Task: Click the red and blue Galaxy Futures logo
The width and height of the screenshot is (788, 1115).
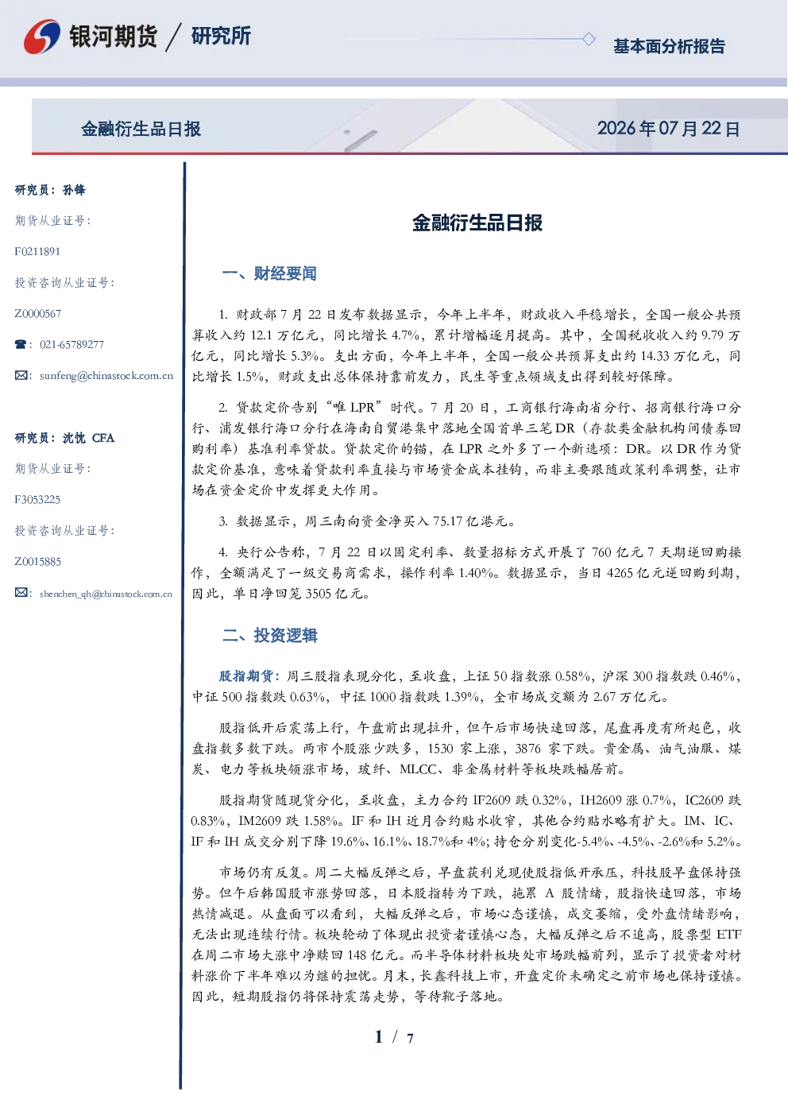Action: click(x=42, y=37)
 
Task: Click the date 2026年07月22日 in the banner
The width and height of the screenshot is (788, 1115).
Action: click(x=668, y=129)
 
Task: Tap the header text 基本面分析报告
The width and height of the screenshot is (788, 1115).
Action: click(x=669, y=46)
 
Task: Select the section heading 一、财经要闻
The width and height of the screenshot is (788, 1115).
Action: click(x=269, y=273)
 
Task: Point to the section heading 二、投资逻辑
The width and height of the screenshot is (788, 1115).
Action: click(x=269, y=635)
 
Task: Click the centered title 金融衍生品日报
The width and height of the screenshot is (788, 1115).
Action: click(x=477, y=223)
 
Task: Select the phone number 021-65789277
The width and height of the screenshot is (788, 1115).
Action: click(x=71, y=344)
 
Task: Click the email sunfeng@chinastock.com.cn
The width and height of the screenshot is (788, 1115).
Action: click(x=106, y=376)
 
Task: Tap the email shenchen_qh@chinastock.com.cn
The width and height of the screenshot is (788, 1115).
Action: click(x=106, y=594)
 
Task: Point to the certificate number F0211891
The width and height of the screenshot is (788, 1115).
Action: click(x=37, y=251)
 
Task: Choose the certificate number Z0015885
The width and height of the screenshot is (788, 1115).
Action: click(x=38, y=562)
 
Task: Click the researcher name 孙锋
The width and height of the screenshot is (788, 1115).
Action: click(x=74, y=190)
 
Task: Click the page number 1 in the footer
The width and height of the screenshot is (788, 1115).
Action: click(x=379, y=1037)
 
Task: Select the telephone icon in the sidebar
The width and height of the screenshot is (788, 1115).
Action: click(x=21, y=344)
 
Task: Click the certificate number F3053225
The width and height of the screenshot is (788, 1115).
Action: click(x=37, y=500)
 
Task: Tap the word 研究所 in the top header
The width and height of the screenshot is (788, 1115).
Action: click(x=221, y=36)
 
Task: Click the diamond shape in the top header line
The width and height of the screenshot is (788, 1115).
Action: click(x=589, y=39)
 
